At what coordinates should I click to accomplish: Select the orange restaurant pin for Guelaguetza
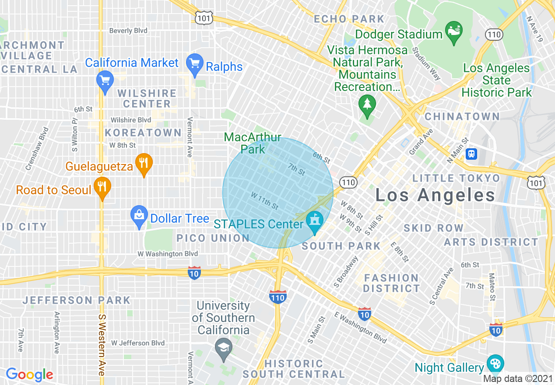[144, 164]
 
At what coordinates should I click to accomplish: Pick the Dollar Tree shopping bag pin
[139, 216]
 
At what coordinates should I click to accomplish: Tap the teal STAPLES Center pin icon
[314, 221]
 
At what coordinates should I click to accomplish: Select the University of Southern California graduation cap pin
[224, 350]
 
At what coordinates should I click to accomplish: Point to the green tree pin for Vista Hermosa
[367, 105]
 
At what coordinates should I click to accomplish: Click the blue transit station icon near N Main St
[471, 154]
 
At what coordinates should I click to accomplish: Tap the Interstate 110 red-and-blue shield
[278, 297]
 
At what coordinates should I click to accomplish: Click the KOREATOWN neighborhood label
[143, 133]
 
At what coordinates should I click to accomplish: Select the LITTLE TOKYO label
[456, 178]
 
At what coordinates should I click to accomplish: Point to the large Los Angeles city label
[435, 195]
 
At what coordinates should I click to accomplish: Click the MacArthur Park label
[253, 143]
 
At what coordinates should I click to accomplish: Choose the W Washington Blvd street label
[168, 254]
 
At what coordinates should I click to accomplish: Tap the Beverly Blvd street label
[128, 31]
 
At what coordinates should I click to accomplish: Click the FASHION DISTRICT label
[391, 283]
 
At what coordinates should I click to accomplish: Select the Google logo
[29, 374]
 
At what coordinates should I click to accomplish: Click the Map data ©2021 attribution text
[517, 378]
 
